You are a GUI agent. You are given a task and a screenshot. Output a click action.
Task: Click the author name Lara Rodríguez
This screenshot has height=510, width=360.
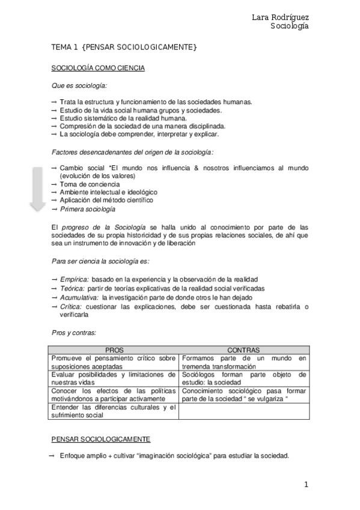click(x=280, y=17)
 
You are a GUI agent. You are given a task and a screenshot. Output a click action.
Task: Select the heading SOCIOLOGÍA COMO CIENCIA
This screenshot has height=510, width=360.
click(x=98, y=68)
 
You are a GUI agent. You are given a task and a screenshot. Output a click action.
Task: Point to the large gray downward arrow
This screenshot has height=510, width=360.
click(x=38, y=188)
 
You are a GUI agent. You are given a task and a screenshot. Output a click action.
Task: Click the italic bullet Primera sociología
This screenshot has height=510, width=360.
click(x=87, y=209)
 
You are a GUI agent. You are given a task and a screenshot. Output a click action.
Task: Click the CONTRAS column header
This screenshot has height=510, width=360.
click(x=243, y=350)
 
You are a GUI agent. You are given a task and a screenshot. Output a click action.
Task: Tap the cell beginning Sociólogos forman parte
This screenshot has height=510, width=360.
click(x=244, y=378)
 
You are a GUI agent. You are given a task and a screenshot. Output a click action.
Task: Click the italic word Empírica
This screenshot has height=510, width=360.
click(x=75, y=280)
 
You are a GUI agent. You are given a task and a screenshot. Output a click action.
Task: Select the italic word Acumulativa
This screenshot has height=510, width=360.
click(x=79, y=297)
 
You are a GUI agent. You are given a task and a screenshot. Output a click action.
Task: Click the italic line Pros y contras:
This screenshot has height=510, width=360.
click(x=74, y=332)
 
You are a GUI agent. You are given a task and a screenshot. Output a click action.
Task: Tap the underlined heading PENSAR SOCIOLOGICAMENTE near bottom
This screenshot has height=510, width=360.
click(x=101, y=439)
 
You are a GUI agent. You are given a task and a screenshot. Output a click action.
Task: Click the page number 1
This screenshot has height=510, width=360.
click(x=306, y=485)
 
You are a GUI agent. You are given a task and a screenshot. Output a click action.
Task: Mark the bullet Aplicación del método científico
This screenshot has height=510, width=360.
click(x=106, y=200)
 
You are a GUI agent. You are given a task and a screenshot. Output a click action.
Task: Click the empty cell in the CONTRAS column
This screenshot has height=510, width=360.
click(x=244, y=411)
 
